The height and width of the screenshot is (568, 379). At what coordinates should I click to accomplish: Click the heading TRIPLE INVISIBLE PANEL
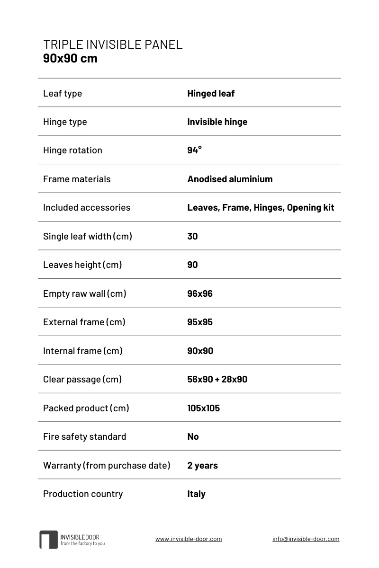click(113, 44)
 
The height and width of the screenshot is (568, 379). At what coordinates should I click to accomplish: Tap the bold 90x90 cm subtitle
click(70, 58)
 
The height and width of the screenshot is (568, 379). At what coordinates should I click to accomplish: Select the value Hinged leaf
click(211, 93)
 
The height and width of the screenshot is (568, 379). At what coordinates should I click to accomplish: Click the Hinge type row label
click(65, 122)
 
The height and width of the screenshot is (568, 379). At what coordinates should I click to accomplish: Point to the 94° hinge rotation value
click(194, 150)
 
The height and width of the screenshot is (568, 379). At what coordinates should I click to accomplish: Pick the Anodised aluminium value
click(230, 179)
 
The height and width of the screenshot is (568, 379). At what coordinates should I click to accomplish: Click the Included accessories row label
click(87, 207)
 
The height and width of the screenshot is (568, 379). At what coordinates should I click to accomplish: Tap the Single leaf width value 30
click(192, 236)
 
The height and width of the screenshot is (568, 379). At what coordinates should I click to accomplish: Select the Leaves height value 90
click(192, 265)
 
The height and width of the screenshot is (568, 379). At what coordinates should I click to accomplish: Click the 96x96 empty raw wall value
click(200, 293)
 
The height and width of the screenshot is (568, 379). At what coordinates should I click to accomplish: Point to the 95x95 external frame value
click(200, 322)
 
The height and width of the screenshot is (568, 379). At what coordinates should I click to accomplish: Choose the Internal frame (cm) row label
click(83, 351)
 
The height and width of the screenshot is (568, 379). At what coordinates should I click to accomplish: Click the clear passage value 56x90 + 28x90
click(217, 379)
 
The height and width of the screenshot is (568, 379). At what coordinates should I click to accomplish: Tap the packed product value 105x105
click(203, 408)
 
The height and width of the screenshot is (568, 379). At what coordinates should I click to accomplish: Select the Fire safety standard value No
click(193, 436)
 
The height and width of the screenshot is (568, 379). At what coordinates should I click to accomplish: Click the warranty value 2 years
click(202, 465)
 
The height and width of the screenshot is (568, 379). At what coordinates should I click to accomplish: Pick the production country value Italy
click(196, 494)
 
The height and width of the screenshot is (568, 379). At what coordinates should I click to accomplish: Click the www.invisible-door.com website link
click(189, 539)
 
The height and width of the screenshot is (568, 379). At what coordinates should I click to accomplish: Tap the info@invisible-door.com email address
click(306, 539)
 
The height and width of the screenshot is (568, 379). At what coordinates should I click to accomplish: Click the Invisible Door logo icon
click(48, 540)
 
